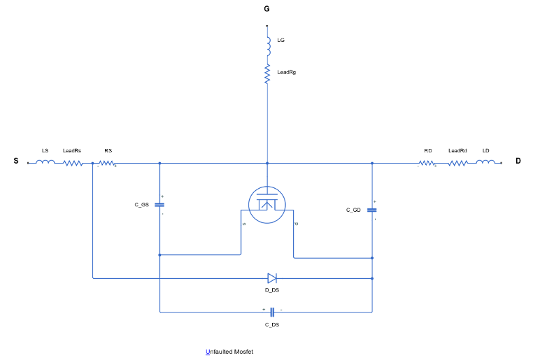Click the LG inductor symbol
(269, 46)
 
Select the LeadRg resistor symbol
(267, 74)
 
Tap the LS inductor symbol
(45, 162)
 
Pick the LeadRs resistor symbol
(73, 164)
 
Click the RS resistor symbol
(107, 164)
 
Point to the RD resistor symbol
(427, 164)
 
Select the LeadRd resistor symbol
(458, 164)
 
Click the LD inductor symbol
(485, 162)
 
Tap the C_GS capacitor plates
(159, 205)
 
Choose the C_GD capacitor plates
(372, 210)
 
